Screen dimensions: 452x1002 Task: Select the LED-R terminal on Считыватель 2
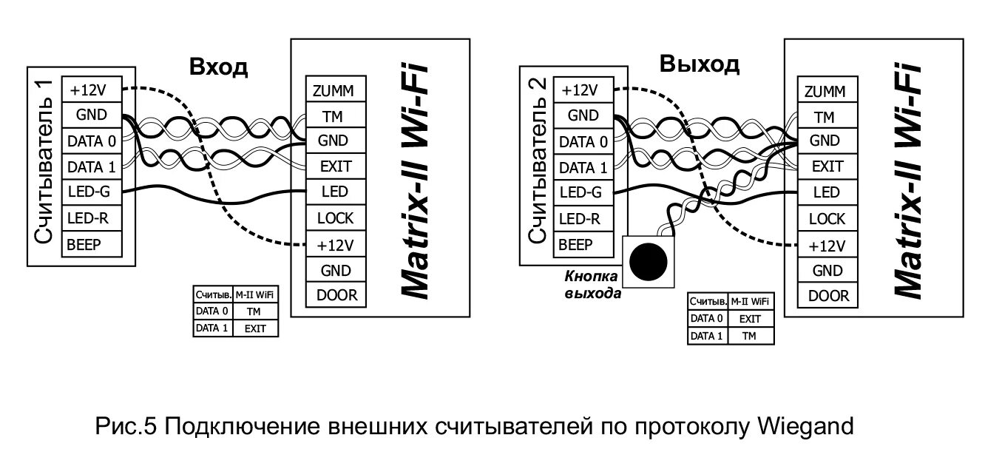point(583,219)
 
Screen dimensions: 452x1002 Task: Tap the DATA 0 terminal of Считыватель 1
point(91,141)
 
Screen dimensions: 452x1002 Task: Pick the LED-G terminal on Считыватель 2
point(583,193)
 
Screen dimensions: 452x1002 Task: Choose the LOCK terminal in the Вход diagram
point(335,218)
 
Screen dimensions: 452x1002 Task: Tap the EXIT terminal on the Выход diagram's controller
point(827,166)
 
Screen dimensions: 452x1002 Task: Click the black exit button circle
point(649,260)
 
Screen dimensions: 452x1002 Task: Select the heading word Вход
point(218,67)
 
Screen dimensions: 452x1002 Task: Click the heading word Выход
point(699,64)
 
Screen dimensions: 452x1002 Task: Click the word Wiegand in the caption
point(806,427)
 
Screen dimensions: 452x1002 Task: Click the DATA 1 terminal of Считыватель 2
point(583,167)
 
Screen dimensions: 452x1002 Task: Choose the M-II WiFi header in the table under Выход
point(750,302)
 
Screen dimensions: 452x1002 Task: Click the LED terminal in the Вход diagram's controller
point(335,192)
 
